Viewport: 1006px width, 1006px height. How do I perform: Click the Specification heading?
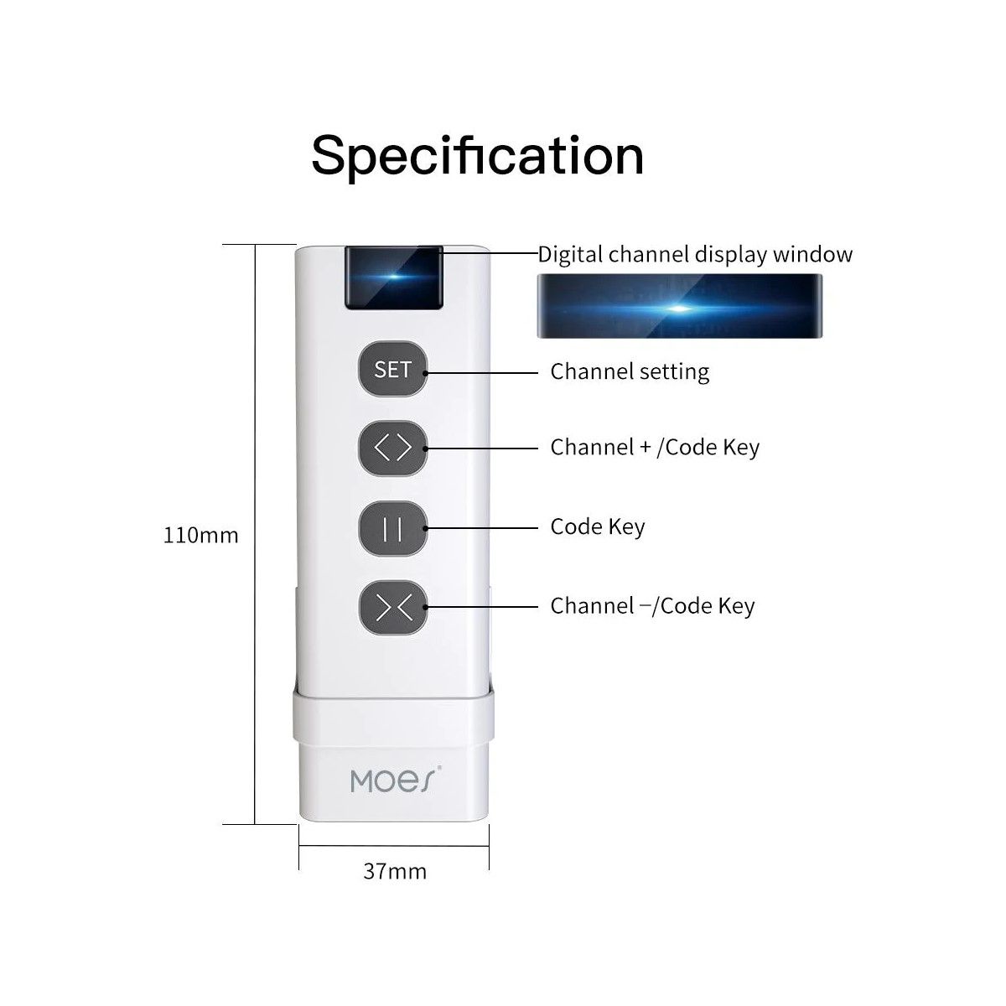click(478, 155)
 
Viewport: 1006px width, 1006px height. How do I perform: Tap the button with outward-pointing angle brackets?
click(393, 449)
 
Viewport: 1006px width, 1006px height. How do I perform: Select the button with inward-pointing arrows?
click(393, 607)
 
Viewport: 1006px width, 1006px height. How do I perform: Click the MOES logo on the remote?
click(394, 780)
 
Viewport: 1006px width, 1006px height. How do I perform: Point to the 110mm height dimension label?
click(200, 535)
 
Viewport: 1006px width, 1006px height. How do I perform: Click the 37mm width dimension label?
click(394, 871)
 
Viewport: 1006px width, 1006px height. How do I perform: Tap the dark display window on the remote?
click(392, 277)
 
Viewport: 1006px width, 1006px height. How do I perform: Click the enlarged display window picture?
click(679, 306)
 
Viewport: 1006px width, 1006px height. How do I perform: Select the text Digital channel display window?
click(695, 254)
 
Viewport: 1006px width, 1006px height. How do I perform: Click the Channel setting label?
click(630, 371)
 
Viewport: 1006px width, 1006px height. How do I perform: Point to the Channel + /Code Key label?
click(655, 447)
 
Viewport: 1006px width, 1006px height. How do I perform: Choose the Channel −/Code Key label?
click(652, 605)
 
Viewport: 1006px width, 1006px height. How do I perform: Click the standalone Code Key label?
click(598, 526)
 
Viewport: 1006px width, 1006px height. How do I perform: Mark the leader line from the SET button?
click(482, 372)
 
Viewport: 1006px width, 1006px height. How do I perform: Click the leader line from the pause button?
click(482, 527)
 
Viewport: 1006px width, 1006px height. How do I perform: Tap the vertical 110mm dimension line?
click(254, 534)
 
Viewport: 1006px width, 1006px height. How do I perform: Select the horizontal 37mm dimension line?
click(394, 846)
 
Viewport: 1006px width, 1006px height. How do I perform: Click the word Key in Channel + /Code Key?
click(741, 447)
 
